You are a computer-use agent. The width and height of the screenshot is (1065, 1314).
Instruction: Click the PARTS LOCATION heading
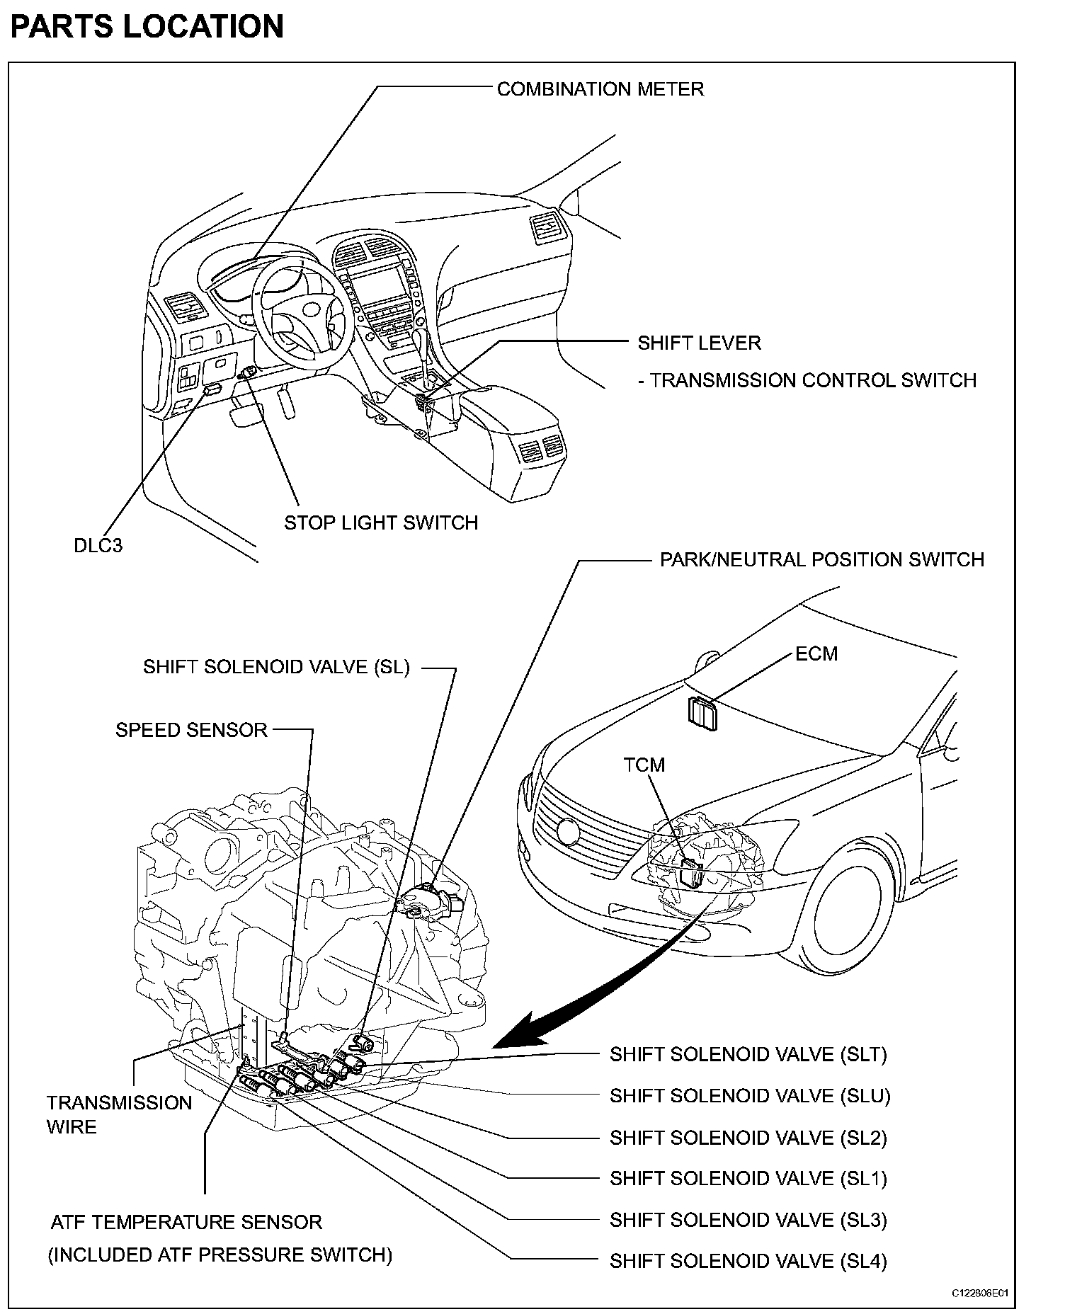coord(147,27)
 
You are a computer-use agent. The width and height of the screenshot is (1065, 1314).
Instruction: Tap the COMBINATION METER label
coord(600,89)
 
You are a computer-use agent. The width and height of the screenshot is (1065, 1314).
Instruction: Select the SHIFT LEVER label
coord(699,343)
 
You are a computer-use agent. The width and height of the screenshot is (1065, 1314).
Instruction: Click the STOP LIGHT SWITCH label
coord(381,522)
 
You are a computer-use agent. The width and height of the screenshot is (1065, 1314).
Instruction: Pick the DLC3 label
coord(98,545)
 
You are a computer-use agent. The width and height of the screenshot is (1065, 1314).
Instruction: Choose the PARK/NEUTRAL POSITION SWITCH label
coord(821,560)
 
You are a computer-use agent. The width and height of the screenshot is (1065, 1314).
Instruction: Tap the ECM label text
coord(816,653)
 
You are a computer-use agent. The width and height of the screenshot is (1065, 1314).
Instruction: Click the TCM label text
coord(644,765)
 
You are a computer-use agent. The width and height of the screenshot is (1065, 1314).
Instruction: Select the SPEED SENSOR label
coord(191,730)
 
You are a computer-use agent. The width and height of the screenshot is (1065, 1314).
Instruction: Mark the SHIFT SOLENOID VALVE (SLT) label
coord(748,1054)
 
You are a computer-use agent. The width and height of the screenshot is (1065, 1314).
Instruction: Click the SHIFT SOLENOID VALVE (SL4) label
coord(748,1261)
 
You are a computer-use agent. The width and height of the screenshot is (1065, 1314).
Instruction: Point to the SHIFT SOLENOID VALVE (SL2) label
coord(748,1138)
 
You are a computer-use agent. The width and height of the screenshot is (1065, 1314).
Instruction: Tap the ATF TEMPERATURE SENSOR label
coord(186,1222)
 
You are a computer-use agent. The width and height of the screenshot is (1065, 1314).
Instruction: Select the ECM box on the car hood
coord(702,712)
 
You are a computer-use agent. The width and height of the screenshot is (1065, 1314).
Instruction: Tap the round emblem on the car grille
coord(568,831)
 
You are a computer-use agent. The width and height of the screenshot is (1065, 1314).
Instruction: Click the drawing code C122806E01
coord(979,1293)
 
